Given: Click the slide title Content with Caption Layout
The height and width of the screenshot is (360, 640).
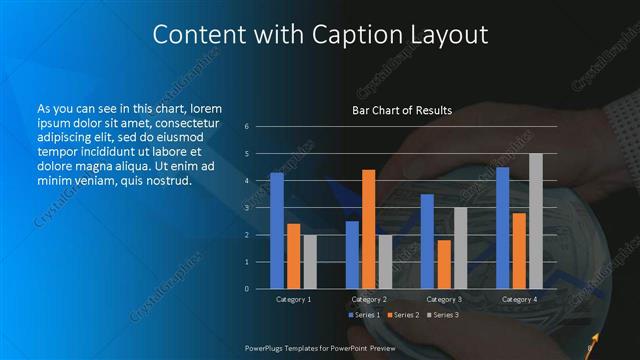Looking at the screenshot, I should click(320, 35).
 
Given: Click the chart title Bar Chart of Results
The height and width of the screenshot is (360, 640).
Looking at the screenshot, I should click(402, 110).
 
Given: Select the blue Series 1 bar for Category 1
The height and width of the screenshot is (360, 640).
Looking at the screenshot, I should click(277, 230).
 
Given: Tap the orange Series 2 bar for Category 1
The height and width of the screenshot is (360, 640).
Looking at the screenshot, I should click(293, 255).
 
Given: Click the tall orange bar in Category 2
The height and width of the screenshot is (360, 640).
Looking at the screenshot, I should click(368, 228).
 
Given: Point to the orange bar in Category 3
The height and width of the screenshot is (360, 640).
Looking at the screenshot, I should click(443, 263).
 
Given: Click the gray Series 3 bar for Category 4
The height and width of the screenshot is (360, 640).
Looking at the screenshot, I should click(535, 220).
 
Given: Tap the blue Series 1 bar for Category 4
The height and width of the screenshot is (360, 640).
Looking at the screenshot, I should click(502, 227).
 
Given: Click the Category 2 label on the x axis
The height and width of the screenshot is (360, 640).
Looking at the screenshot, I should click(368, 299).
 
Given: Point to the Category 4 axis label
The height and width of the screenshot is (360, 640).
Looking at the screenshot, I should click(518, 299).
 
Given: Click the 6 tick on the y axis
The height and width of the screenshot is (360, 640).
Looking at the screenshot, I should click(247, 127).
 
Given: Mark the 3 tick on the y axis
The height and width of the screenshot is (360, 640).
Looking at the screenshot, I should click(247, 208).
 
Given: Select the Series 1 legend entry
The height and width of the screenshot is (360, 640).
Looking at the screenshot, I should click(365, 315).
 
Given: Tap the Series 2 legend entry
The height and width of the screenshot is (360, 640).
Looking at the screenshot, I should click(403, 315).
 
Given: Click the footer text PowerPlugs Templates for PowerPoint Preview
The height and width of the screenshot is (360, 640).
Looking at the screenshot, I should click(320, 347).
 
